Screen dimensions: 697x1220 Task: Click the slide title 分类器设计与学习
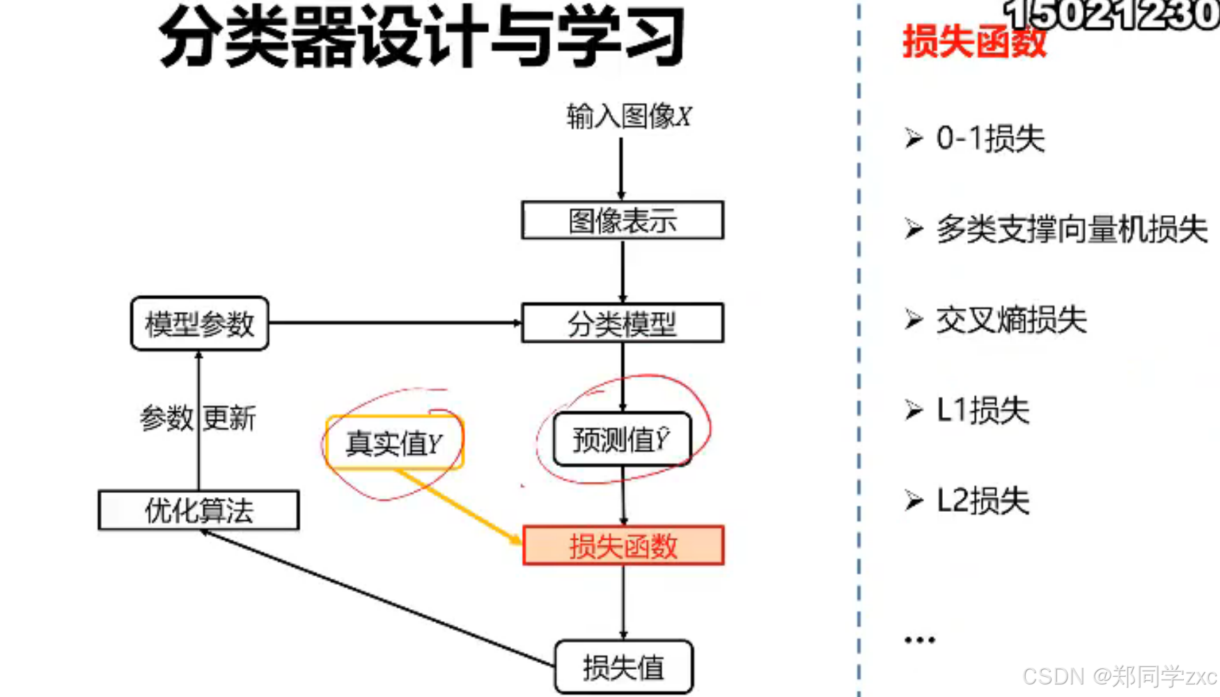(421, 36)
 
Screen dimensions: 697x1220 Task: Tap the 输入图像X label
(628, 116)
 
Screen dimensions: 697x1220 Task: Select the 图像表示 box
(623, 221)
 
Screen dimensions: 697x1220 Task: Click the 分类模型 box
(623, 323)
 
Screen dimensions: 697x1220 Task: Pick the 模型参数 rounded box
(200, 324)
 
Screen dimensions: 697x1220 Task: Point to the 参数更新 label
(198, 418)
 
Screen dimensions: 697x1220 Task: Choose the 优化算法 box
(199, 510)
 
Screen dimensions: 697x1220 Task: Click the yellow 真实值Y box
(394, 443)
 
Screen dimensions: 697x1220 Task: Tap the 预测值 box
(622, 439)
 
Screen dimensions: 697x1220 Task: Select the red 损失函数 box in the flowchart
(623, 546)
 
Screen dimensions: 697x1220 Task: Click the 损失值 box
(623, 667)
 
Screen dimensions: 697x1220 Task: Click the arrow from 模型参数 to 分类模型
(395, 323)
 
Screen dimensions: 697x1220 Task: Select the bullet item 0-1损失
(990, 139)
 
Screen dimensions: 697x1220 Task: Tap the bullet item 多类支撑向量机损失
(1071, 229)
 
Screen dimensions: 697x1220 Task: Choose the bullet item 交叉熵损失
(1010, 320)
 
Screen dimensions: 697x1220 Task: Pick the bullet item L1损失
(982, 410)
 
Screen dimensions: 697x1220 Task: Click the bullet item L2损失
(982, 501)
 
